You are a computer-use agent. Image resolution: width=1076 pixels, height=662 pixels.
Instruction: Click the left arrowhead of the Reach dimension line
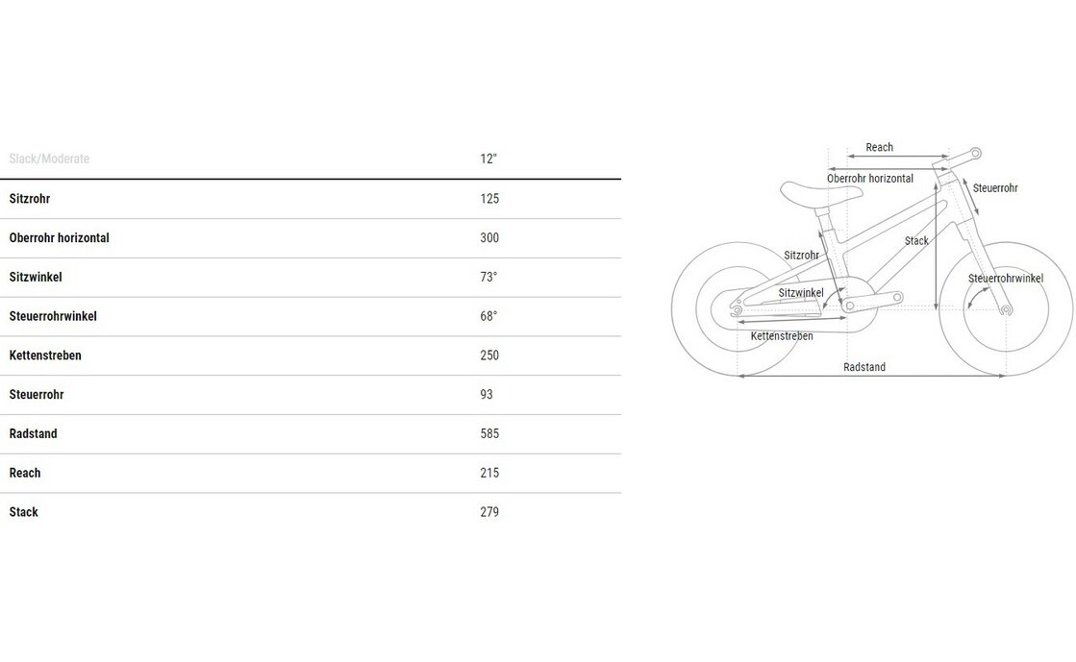point(849,157)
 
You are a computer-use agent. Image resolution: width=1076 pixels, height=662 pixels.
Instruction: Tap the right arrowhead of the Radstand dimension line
point(1003,376)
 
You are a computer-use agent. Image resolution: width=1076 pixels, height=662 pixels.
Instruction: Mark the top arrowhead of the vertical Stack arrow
point(936,185)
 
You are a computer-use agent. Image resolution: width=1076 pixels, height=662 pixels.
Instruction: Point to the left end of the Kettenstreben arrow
point(740,322)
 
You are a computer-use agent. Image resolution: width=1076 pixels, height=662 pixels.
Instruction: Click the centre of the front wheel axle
point(1006,310)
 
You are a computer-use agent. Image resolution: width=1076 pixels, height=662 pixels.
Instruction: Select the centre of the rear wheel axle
point(738,310)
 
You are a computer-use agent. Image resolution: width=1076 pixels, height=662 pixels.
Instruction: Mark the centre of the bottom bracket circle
point(849,306)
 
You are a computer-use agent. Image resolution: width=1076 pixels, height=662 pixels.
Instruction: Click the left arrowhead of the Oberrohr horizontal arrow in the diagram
point(831,169)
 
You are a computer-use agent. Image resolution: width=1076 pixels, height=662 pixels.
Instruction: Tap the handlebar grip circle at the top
point(975,154)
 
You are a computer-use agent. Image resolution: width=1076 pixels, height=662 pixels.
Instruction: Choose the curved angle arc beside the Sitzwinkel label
point(832,298)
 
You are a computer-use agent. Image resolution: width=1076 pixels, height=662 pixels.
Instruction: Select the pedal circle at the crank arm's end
point(897,297)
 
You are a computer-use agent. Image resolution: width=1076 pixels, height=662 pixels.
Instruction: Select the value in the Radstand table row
point(489,433)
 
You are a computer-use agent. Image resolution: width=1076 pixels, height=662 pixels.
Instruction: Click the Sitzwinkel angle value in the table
point(488,277)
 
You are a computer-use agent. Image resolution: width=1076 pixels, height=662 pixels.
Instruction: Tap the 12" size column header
point(488,159)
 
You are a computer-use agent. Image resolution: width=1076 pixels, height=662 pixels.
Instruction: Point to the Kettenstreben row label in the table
point(45,356)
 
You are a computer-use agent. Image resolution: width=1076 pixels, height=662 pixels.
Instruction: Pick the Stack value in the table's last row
point(489,512)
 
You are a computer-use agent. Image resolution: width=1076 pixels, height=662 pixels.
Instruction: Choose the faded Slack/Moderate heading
point(49,159)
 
